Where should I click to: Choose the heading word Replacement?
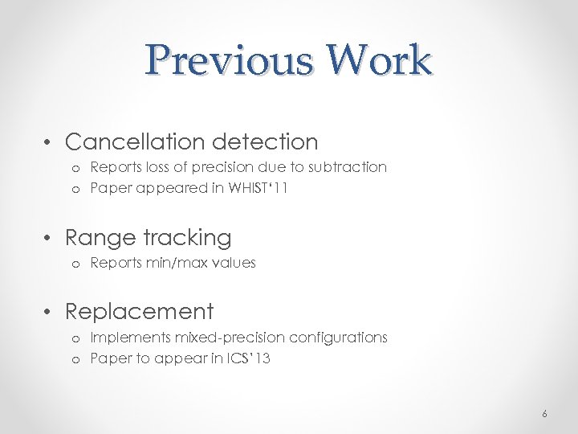pyautogui.click(x=139, y=311)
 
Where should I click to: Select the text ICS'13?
pyautogui.click(x=248, y=358)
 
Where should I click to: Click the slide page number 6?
pyautogui.click(x=544, y=414)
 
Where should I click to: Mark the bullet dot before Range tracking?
pyautogui.click(x=50, y=239)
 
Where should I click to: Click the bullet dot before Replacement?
pyautogui.click(x=50, y=312)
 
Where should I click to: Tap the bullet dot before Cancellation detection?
pyautogui.click(x=50, y=143)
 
